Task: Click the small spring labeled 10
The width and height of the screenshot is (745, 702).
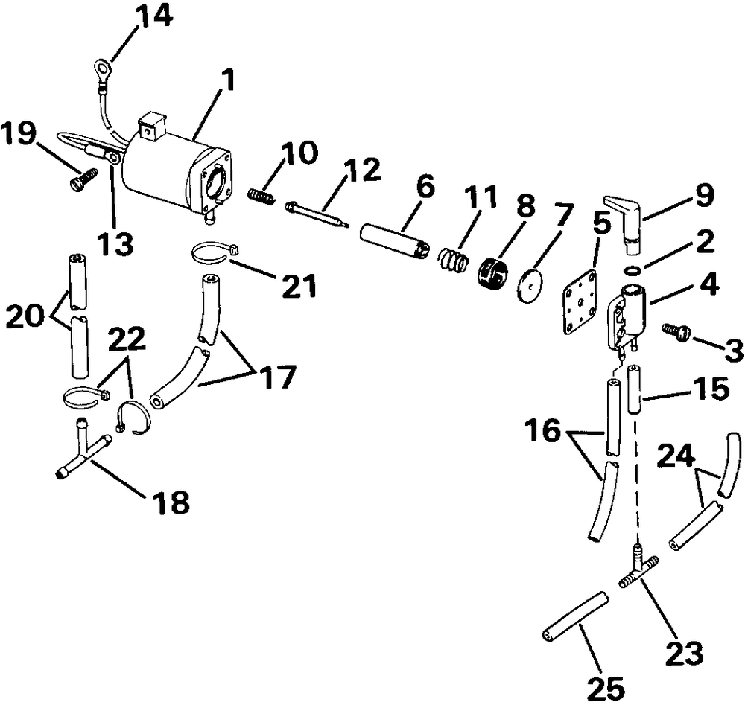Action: pyautogui.click(x=261, y=196)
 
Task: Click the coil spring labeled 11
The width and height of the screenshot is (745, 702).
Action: pyautogui.click(x=451, y=261)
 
